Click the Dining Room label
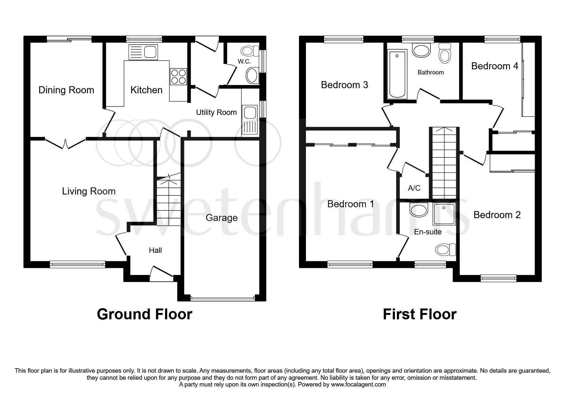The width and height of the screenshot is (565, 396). pyautogui.click(x=66, y=90)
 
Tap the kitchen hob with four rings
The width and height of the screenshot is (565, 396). pyautogui.click(x=178, y=77)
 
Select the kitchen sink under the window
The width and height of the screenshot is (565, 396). pyautogui.click(x=143, y=52)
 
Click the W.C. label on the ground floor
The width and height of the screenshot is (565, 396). pyautogui.click(x=244, y=61)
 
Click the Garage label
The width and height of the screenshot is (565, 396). pyautogui.click(x=221, y=218)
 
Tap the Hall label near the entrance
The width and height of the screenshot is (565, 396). pyautogui.click(x=155, y=250)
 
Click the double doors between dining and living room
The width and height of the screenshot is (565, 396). pyautogui.click(x=65, y=143)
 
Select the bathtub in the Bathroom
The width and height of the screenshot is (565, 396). pyautogui.click(x=397, y=74)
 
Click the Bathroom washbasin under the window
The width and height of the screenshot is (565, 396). pyautogui.click(x=421, y=50)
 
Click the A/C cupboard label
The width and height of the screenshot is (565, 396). pyautogui.click(x=414, y=188)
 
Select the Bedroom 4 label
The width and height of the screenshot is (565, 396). pyautogui.click(x=494, y=66)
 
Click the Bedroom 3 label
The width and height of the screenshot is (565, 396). pyautogui.click(x=344, y=85)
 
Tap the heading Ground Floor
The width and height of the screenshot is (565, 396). pyautogui.click(x=144, y=314)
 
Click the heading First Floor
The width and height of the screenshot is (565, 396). pyautogui.click(x=419, y=314)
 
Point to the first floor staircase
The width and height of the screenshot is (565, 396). pyautogui.click(x=443, y=163)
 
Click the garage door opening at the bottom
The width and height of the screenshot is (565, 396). pyautogui.click(x=222, y=299)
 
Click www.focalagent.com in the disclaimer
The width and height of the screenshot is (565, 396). pyautogui.click(x=358, y=385)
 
